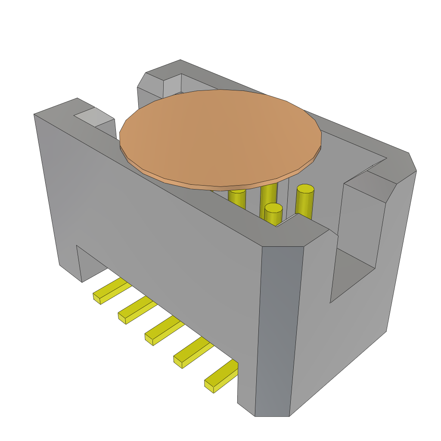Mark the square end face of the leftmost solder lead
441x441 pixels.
tap(96, 298)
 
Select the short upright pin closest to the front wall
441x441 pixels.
tap(273, 214)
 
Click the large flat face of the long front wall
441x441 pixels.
tap(164, 224)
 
